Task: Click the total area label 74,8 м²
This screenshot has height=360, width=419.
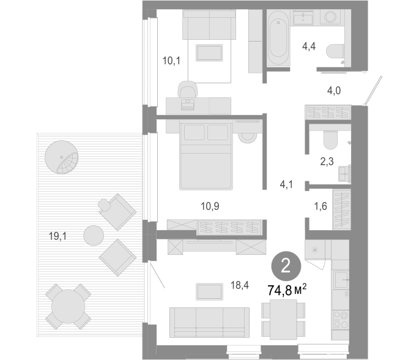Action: pyautogui.click(x=287, y=290)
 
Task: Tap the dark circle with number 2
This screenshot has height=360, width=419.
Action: pyautogui.click(x=286, y=266)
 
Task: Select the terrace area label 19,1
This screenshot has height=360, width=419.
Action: pyautogui.click(x=57, y=236)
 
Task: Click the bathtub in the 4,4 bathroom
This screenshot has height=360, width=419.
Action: pyautogui.click(x=278, y=38)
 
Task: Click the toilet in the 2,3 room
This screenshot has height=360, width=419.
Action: pyautogui.click(x=330, y=140)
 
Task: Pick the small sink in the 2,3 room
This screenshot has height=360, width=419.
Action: pyautogui.click(x=344, y=174)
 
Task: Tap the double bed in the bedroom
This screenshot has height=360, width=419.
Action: pyautogui.click(x=206, y=155)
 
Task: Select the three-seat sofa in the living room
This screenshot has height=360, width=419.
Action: pyautogui.click(x=209, y=322)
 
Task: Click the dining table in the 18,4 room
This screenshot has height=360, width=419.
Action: pyautogui.click(x=283, y=320)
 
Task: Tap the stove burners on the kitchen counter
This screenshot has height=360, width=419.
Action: pyautogui.click(x=341, y=320)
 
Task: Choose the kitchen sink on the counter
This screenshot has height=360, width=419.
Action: pyautogui.click(x=341, y=280)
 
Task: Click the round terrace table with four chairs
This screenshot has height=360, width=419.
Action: pyautogui.click(x=68, y=307)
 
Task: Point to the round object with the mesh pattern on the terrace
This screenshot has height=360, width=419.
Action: pyautogui.click(x=62, y=157)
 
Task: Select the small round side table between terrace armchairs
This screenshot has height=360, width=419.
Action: pyautogui.click(x=94, y=236)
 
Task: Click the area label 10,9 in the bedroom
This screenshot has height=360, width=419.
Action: pyautogui.click(x=210, y=206)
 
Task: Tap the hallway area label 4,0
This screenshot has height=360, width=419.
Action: pyautogui.click(x=334, y=91)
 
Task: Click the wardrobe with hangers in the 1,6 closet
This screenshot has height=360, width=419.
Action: pyautogui.click(x=341, y=209)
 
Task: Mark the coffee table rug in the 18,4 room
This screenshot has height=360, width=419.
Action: pyautogui.click(x=209, y=292)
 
